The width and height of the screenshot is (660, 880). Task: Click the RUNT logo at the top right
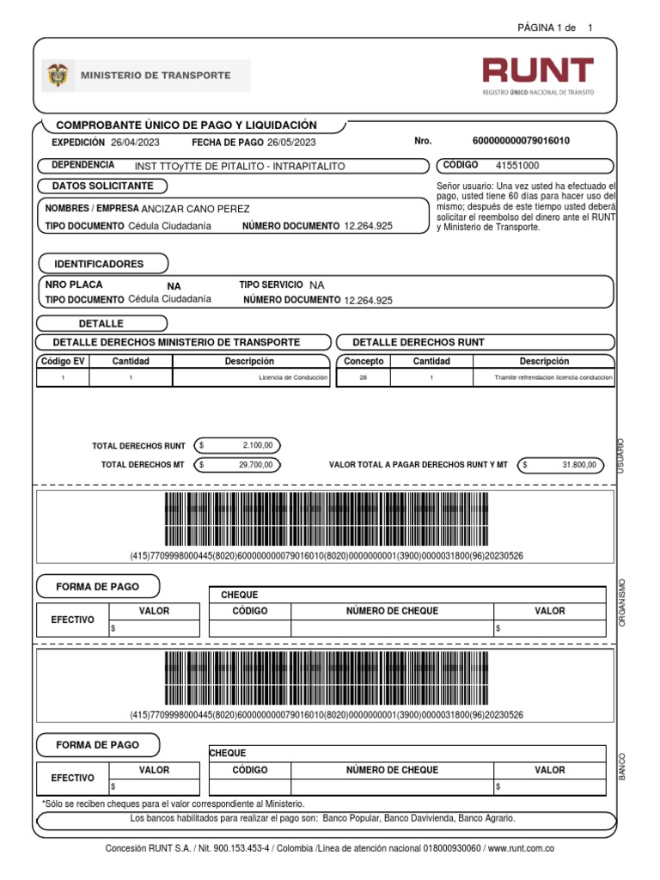537,76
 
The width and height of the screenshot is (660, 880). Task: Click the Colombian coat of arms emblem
57,76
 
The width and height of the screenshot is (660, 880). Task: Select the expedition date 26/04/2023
135,142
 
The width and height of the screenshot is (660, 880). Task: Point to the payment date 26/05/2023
291,142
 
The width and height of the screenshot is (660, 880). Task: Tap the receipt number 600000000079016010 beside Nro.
521,141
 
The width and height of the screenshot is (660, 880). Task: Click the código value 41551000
518,164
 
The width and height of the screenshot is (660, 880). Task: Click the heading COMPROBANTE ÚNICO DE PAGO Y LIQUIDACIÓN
186,125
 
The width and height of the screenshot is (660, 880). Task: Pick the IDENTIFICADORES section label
99,264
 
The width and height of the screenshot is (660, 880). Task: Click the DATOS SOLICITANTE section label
102,186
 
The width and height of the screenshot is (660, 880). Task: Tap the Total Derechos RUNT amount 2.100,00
257,445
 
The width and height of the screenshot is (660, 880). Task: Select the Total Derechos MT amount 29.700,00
255,465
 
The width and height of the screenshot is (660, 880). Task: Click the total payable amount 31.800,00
578,465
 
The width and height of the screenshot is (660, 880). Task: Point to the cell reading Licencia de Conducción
294,377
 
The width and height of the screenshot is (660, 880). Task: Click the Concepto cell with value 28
363,377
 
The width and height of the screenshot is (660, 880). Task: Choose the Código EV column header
63,362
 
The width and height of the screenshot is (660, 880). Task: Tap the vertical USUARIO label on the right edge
621,454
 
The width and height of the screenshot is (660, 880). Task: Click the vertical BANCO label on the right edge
621,767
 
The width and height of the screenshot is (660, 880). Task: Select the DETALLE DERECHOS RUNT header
419,342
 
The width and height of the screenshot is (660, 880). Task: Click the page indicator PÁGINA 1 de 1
554,28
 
